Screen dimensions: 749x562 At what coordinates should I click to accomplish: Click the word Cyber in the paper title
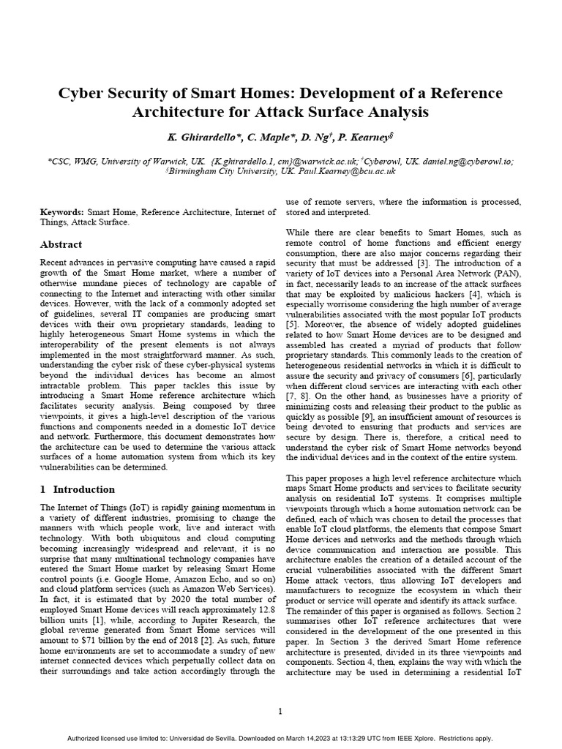click(83, 94)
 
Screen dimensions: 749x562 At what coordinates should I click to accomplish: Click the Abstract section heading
click(61, 244)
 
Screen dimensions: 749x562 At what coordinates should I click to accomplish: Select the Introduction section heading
click(83, 489)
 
